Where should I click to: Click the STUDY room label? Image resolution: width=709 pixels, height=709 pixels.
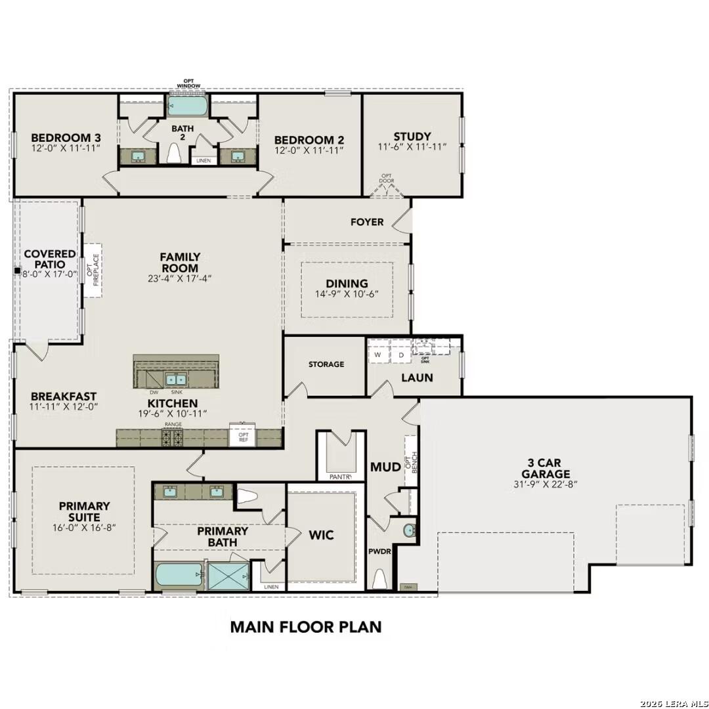tap(412, 137)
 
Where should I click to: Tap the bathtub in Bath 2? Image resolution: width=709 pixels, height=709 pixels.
tap(188, 105)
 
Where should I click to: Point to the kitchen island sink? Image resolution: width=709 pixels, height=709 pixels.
tap(175, 379)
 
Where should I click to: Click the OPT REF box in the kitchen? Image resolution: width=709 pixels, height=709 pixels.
tap(243, 437)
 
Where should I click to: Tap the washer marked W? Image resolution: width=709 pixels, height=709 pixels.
tap(378, 355)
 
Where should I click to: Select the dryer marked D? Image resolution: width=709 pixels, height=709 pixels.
tap(401, 355)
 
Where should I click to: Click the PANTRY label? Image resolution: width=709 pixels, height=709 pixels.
tap(340, 477)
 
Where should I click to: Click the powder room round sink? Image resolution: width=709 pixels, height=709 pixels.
tap(410, 530)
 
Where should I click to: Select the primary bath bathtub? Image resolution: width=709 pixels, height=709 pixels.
tap(179, 576)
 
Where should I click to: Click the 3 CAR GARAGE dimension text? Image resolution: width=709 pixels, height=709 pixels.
tap(545, 485)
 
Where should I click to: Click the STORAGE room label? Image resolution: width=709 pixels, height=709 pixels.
tap(326, 364)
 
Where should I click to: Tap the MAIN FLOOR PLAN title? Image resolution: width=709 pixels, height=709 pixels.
tap(305, 626)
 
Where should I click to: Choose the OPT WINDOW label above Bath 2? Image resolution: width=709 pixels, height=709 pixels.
tap(188, 83)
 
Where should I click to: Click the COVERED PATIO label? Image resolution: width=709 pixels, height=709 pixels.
tap(50, 259)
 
